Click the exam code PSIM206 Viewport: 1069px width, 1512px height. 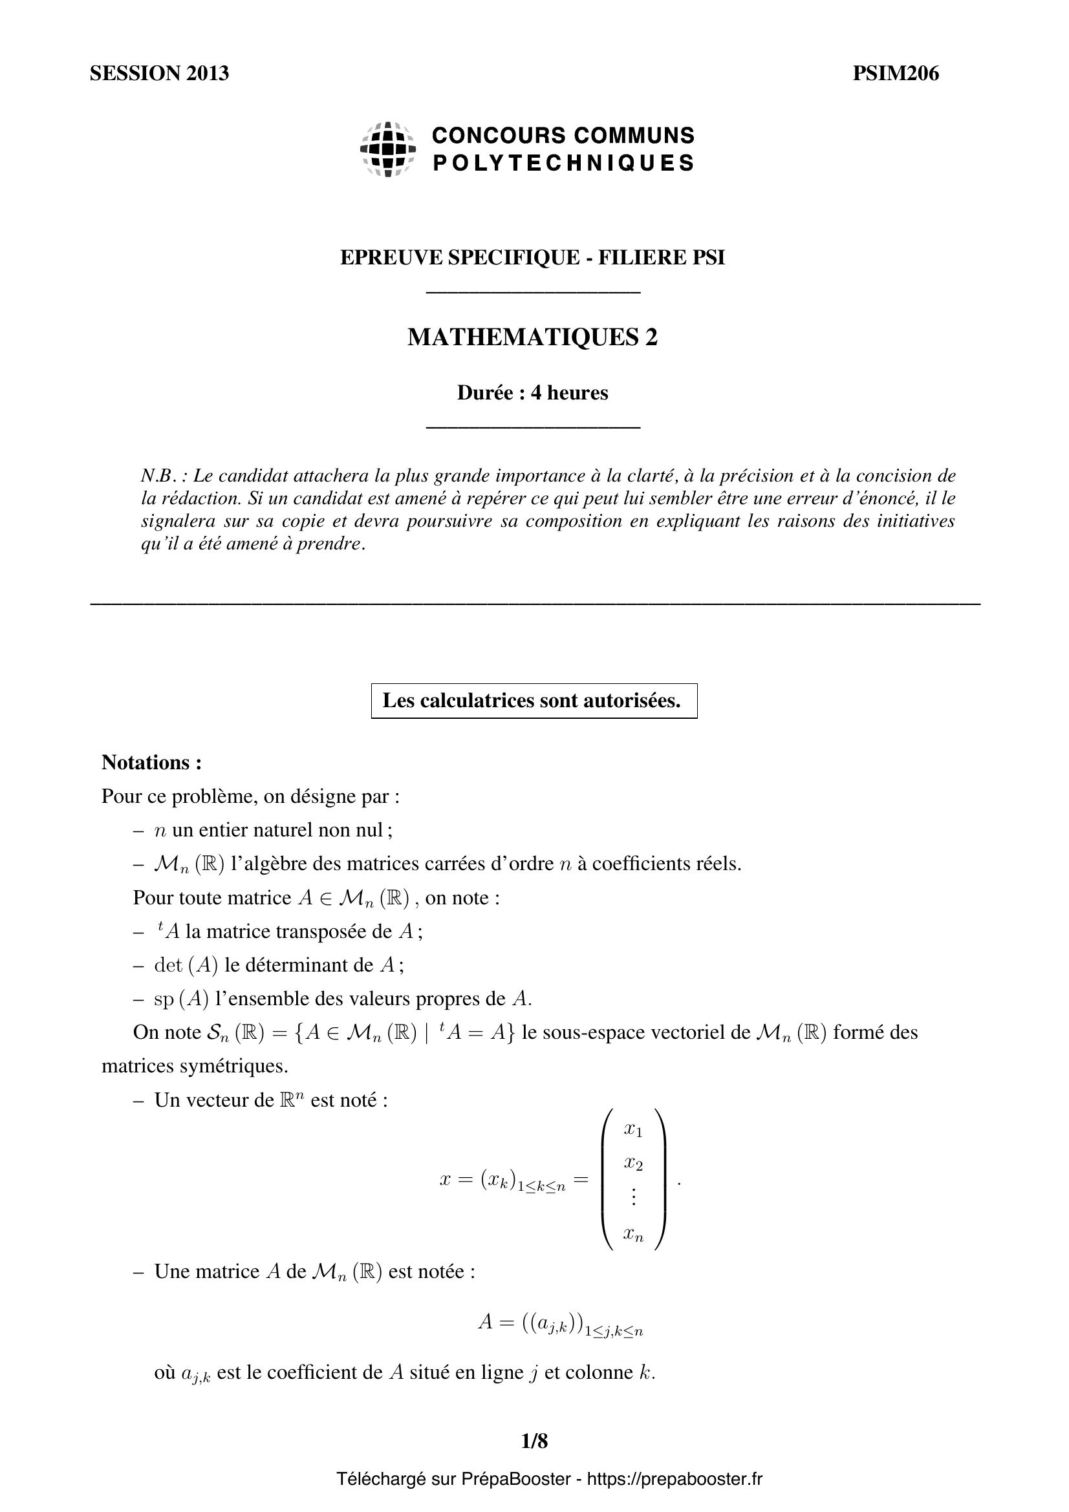click(896, 73)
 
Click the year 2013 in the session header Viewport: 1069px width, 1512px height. click(207, 73)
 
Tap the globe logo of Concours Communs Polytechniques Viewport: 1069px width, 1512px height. click(388, 149)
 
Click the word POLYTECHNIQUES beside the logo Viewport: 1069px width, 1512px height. click(563, 163)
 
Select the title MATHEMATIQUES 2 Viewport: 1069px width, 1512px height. click(533, 337)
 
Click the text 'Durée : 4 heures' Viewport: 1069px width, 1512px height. click(533, 392)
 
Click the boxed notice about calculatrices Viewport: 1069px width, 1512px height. click(533, 700)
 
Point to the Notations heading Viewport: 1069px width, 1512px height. click(151, 762)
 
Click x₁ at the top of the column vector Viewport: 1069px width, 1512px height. click(633, 1129)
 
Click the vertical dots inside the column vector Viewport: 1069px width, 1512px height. click(633, 1197)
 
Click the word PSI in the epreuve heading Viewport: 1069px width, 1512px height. click(707, 257)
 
